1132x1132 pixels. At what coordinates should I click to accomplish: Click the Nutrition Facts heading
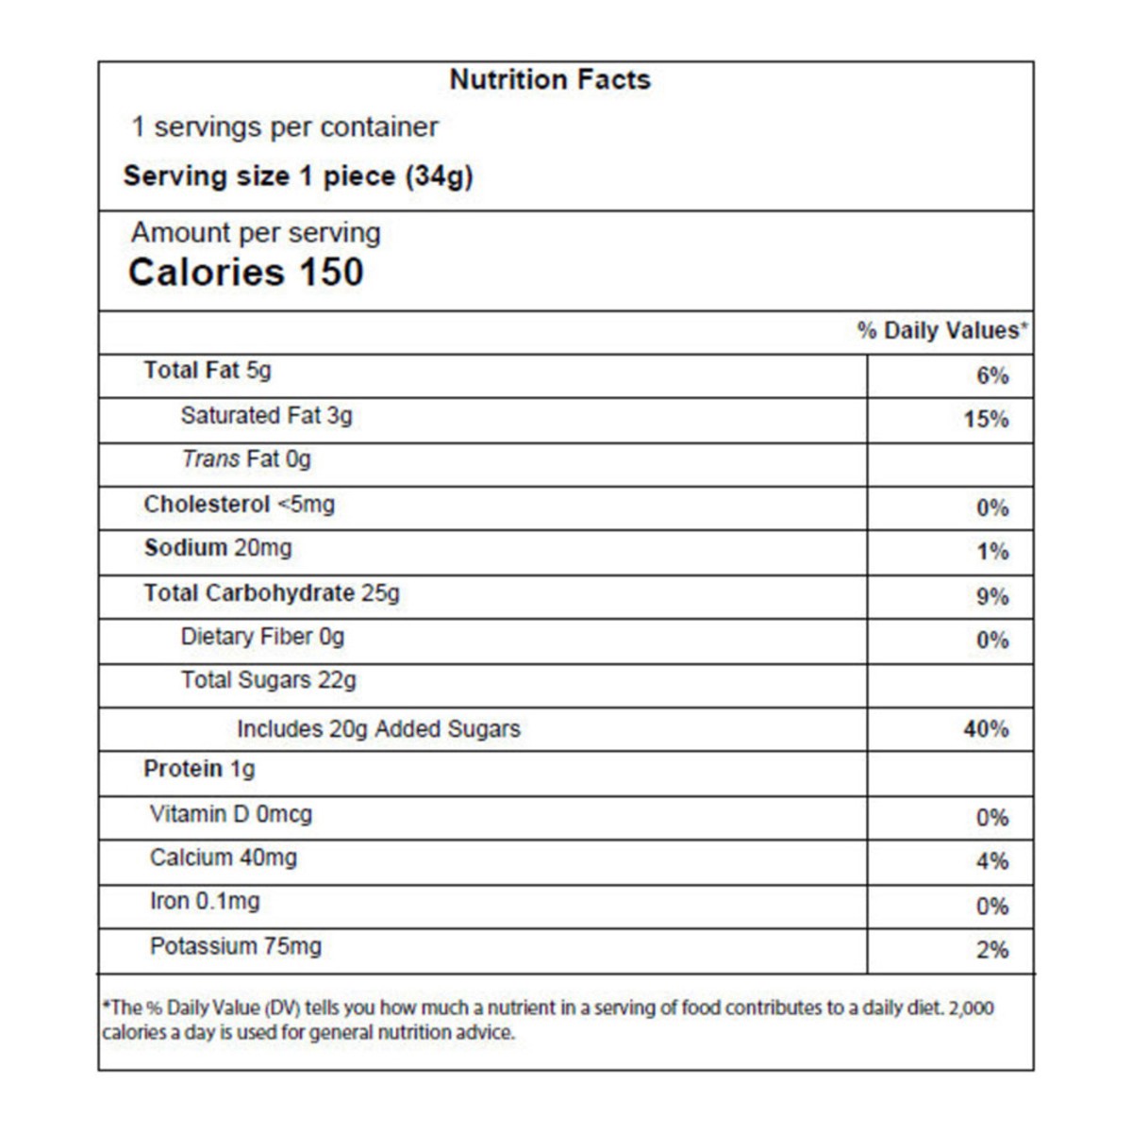tap(550, 80)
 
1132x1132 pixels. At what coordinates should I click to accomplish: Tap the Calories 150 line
tap(246, 273)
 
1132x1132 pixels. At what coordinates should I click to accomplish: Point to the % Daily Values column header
tap(941, 331)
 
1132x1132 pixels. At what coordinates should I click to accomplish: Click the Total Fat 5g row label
tap(207, 371)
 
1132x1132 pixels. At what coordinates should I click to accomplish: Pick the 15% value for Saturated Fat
tap(986, 420)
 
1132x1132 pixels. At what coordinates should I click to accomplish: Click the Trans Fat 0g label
tap(246, 459)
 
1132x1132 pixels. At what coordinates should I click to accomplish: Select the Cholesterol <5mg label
tap(239, 505)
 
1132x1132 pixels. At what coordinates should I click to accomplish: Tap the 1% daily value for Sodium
tap(992, 552)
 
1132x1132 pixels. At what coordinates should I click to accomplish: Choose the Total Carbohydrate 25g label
tap(272, 593)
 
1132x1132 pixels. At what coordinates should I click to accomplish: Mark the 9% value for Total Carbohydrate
tap(992, 597)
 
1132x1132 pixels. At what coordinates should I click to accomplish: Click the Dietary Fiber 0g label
tap(262, 637)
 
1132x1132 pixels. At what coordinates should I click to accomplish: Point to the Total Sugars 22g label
tap(269, 680)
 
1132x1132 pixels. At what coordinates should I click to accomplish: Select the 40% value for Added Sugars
tap(986, 729)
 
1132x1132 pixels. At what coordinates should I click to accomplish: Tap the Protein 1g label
tap(199, 770)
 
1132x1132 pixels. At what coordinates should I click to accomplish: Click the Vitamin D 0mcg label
tap(230, 814)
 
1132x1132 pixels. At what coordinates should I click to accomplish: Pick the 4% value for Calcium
tap(992, 861)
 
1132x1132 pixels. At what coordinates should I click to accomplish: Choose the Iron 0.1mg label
tap(205, 902)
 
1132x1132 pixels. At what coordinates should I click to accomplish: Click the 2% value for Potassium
tap(992, 950)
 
